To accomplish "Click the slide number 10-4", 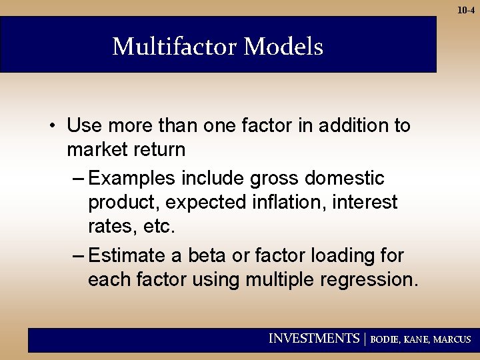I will coord(465,10).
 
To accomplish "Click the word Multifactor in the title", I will coord(175,47).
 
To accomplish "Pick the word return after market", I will coord(161,149).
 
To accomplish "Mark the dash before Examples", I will coord(77,179).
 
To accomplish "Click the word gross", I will coord(274,179).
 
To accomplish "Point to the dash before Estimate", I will coord(77,255).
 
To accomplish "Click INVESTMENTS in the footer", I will coord(313,339).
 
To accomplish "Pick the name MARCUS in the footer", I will coord(452,339).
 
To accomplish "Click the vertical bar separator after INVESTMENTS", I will coord(365,339).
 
